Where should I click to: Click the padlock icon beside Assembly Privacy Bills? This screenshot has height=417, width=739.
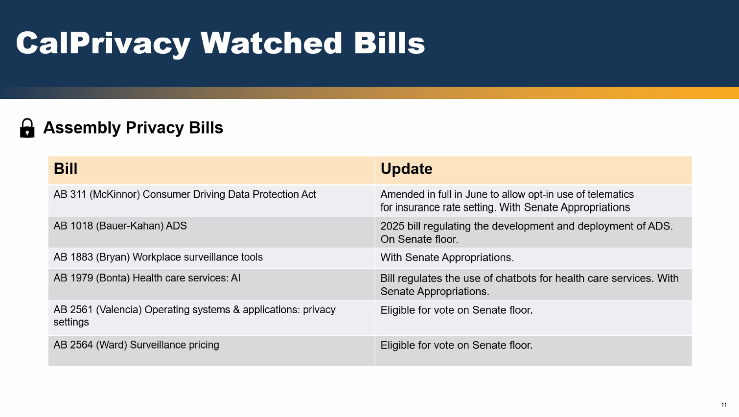[27, 128]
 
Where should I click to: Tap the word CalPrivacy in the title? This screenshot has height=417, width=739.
[103, 44]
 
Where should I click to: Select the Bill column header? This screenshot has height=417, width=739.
[65, 168]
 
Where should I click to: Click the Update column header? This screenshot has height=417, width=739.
[406, 169]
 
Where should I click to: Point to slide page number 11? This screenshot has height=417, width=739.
[724, 405]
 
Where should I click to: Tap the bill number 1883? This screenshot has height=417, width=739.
[82, 257]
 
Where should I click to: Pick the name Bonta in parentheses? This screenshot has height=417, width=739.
[113, 278]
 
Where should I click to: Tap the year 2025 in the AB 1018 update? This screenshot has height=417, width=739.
[393, 226]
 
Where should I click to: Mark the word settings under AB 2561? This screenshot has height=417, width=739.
[71, 322]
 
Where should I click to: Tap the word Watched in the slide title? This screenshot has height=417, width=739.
[271, 43]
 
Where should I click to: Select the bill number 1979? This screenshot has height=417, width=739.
[82, 278]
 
